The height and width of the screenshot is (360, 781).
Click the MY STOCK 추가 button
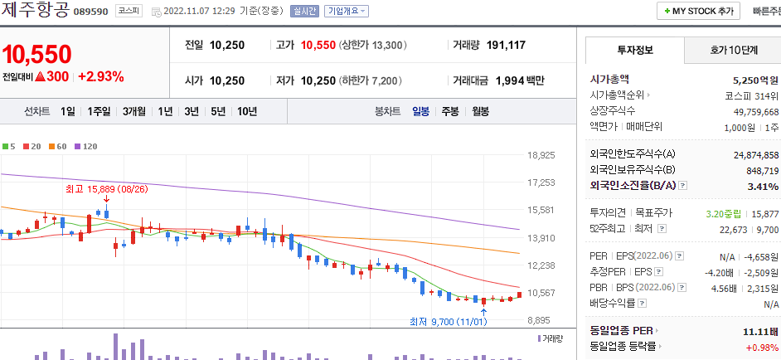pos(698,12)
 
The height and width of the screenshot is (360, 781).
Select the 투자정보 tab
pos(635,50)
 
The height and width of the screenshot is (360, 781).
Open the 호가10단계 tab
pos(734,50)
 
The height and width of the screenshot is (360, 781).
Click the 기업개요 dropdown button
pos(347,12)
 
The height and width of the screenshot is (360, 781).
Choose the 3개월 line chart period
pos(134,111)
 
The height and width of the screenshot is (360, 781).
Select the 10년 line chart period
pos(246,111)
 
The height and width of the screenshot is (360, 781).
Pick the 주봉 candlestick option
pos(450,111)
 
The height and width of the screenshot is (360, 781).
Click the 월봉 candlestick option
pos(480,111)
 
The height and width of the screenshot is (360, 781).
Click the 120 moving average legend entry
pos(86,146)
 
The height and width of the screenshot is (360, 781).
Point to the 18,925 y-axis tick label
pos(541,155)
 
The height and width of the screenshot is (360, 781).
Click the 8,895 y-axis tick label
pos(539,320)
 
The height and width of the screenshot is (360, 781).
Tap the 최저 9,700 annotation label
pos(448,322)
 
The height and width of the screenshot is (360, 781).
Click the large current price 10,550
pos(37,55)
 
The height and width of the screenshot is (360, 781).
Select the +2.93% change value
pos(101,77)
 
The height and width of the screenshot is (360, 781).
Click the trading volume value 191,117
pos(506,45)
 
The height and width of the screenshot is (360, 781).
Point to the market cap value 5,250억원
pos(755,80)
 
